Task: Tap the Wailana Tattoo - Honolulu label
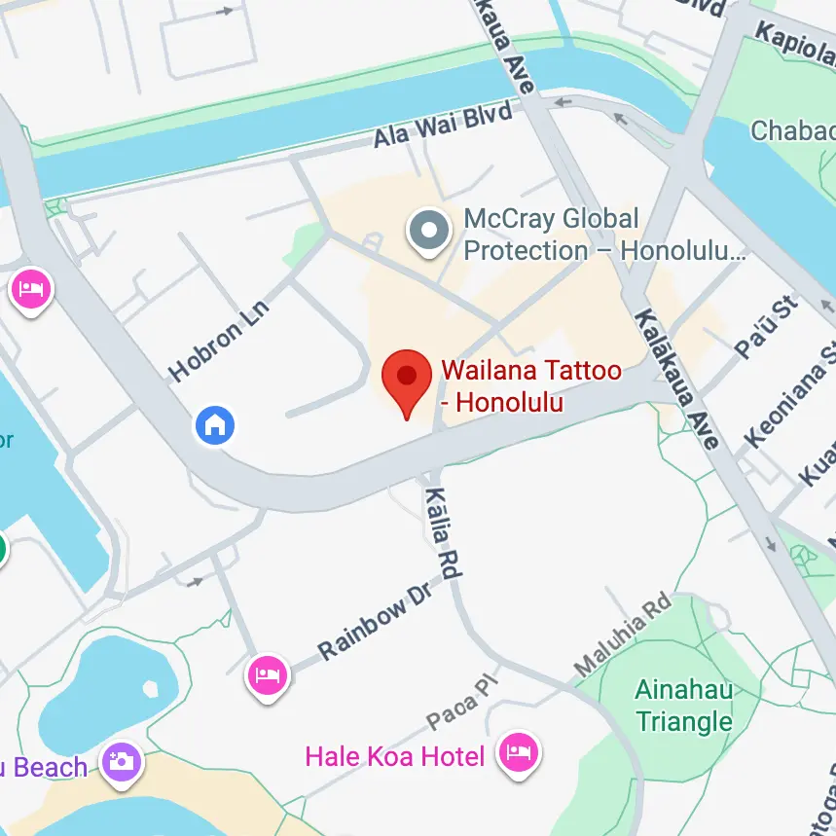tap(529, 385)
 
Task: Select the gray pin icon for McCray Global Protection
tap(429, 232)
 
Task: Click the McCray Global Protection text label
tap(603, 235)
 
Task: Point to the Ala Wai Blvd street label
tap(443, 127)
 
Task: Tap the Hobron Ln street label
tap(219, 340)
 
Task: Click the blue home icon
tap(215, 424)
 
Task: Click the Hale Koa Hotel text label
tap(395, 756)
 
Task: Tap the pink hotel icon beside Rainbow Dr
tap(268, 673)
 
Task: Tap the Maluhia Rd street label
tap(623, 634)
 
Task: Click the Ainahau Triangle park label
tap(683, 706)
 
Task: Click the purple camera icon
tap(122, 760)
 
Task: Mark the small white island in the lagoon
tap(149, 688)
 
